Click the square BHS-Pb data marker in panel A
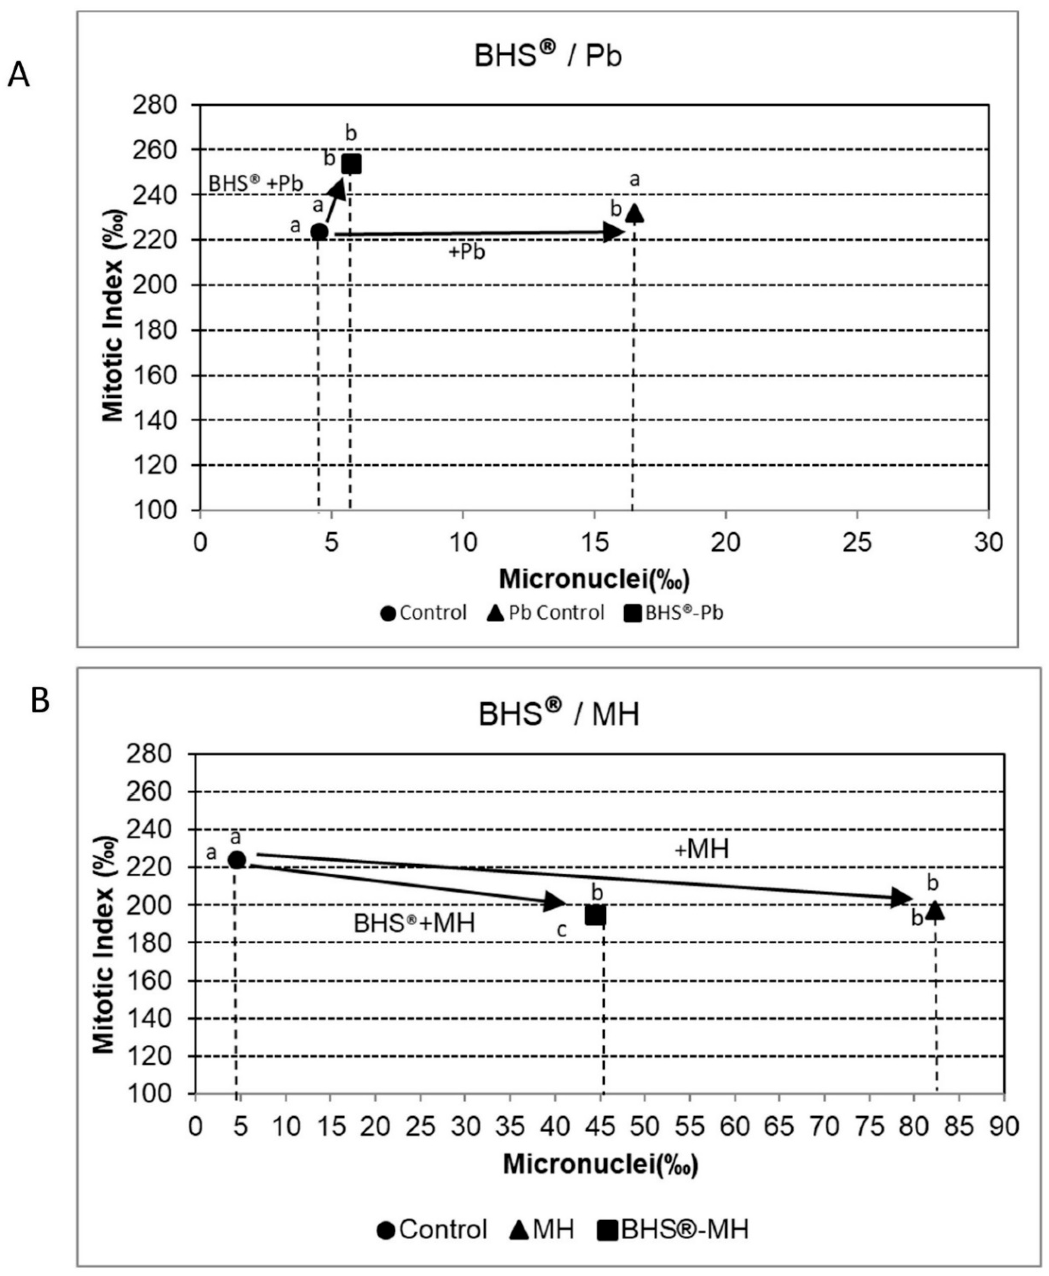(351, 164)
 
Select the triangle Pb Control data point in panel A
(634, 213)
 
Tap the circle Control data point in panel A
(319, 232)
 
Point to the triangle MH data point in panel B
(935, 910)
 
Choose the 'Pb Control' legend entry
(546, 613)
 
